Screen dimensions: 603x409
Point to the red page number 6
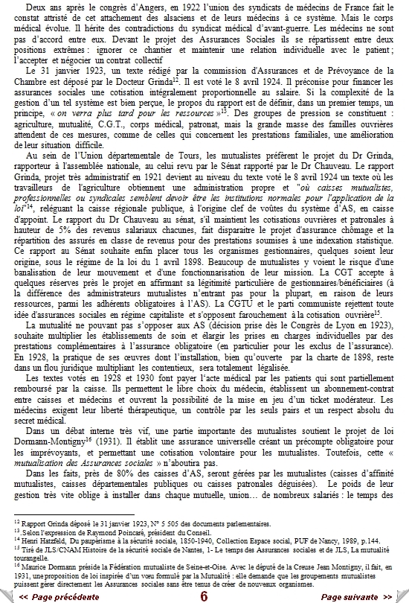coord(204,596)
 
